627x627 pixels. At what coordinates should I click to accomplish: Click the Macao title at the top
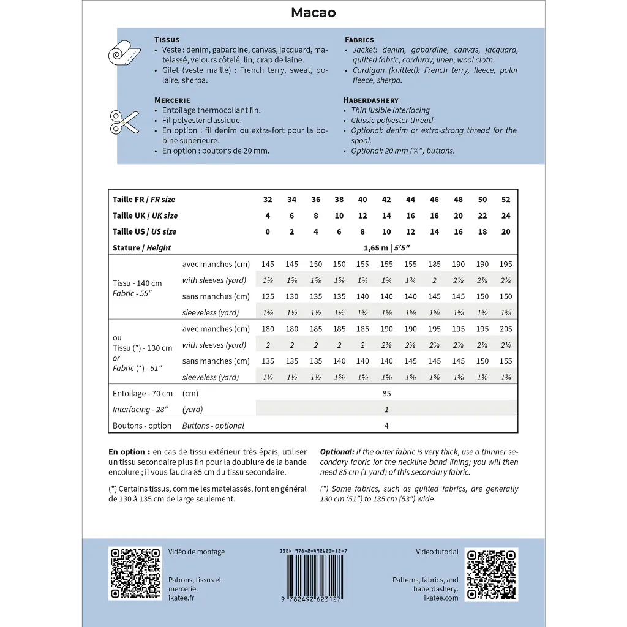[x=313, y=13]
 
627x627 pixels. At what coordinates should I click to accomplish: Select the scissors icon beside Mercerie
[x=124, y=122]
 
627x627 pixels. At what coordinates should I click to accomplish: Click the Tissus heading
[x=167, y=40]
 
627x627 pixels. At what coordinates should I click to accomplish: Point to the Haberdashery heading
[x=371, y=100]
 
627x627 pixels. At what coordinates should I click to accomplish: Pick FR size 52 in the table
[x=506, y=200]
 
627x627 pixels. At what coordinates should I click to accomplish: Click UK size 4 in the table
[x=268, y=216]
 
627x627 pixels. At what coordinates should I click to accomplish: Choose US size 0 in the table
[x=268, y=231]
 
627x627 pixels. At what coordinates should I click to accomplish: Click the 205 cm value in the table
[x=506, y=329]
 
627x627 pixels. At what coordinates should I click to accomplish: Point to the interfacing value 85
[x=386, y=393]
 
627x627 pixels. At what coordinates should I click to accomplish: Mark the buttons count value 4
[x=386, y=426]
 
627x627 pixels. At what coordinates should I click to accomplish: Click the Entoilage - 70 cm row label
[x=143, y=393]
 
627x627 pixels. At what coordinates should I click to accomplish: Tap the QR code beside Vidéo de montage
[x=135, y=574]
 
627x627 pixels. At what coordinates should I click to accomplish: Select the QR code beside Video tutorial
[x=491, y=574]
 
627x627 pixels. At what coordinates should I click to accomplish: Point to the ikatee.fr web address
[x=181, y=598]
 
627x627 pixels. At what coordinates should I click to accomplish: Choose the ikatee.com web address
[x=441, y=598]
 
